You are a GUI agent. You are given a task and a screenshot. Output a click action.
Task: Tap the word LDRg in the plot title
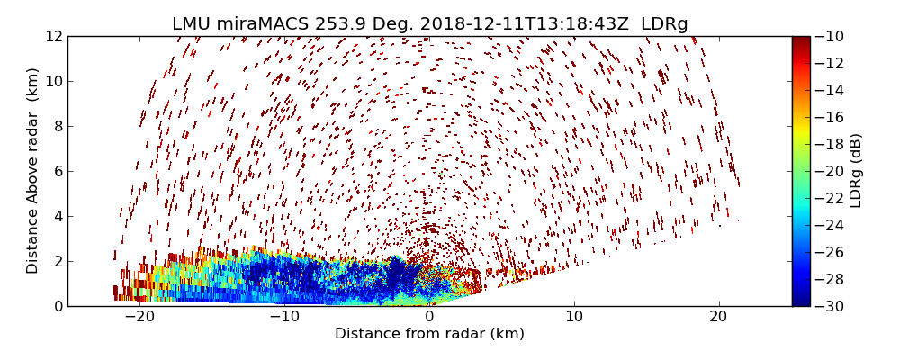pos(664,24)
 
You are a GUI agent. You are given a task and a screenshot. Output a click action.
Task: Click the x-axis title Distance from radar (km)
pos(429,334)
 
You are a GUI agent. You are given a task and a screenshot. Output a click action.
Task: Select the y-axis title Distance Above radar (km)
pos(33,171)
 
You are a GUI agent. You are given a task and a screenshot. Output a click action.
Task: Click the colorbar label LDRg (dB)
pos(856,171)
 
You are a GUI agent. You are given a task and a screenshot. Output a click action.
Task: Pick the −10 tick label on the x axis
pos(283,318)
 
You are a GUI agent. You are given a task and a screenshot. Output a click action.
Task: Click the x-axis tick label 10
pos(574,318)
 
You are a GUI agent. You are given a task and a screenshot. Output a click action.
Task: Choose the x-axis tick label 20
pos(718,318)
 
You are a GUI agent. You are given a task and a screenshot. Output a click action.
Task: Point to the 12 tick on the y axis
pos(52,37)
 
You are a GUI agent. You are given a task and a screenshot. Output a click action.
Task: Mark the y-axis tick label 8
pos(56,127)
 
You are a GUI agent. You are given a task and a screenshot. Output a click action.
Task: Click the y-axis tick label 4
pos(56,217)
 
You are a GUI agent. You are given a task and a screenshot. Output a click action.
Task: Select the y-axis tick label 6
pos(56,172)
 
